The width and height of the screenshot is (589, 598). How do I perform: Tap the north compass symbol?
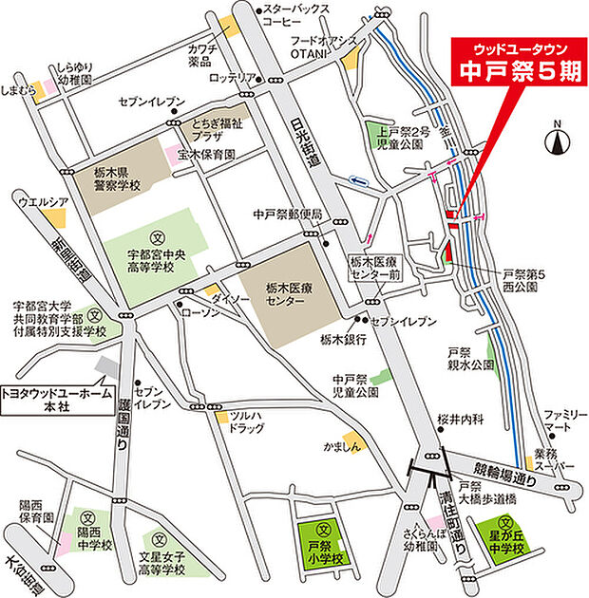pos(557,140)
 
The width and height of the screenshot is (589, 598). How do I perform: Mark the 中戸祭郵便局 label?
pos(288,215)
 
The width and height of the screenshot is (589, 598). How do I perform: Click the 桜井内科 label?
pos(460,418)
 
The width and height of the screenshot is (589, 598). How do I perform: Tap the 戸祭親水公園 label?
pos(471,358)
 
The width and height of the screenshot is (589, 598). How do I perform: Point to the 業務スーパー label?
pos(555,458)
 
